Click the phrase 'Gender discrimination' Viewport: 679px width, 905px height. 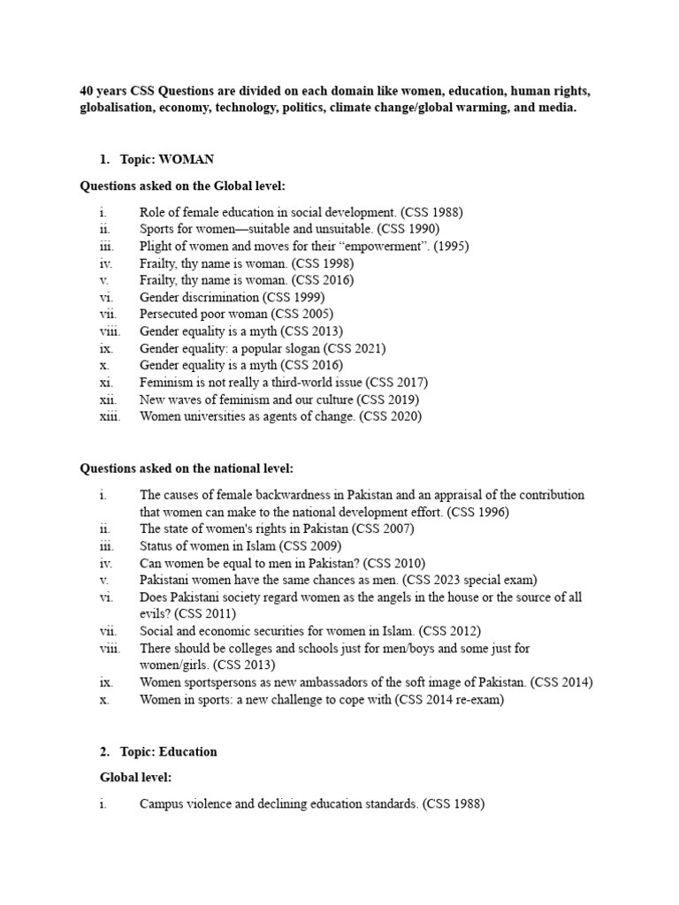pyautogui.click(x=199, y=298)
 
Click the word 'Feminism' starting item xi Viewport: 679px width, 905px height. pyautogui.click(x=166, y=383)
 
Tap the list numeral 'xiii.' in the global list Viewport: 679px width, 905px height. pyautogui.click(x=111, y=416)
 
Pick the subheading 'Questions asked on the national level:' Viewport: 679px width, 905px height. pyautogui.click(x=187, y=468)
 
